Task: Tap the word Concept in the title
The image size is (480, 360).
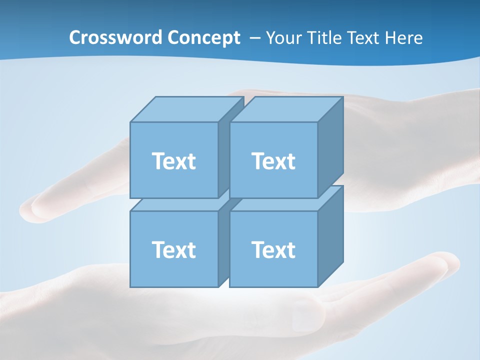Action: coord(203,38)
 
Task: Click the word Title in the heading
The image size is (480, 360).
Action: coord(325,38)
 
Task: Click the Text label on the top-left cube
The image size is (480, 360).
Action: coord(173,161)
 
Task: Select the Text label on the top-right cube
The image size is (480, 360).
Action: coord(273,161)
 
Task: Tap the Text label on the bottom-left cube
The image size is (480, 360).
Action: coord(173,249)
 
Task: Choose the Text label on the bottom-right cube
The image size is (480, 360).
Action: coord(273,249)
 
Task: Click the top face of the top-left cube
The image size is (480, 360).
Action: coord(186,109)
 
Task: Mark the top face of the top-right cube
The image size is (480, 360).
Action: coord(286,109)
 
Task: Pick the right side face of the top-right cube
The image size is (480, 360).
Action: coord(330,147)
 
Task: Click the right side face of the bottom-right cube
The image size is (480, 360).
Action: coord(330,236)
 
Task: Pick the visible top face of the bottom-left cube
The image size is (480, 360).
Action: coord(145,204)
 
